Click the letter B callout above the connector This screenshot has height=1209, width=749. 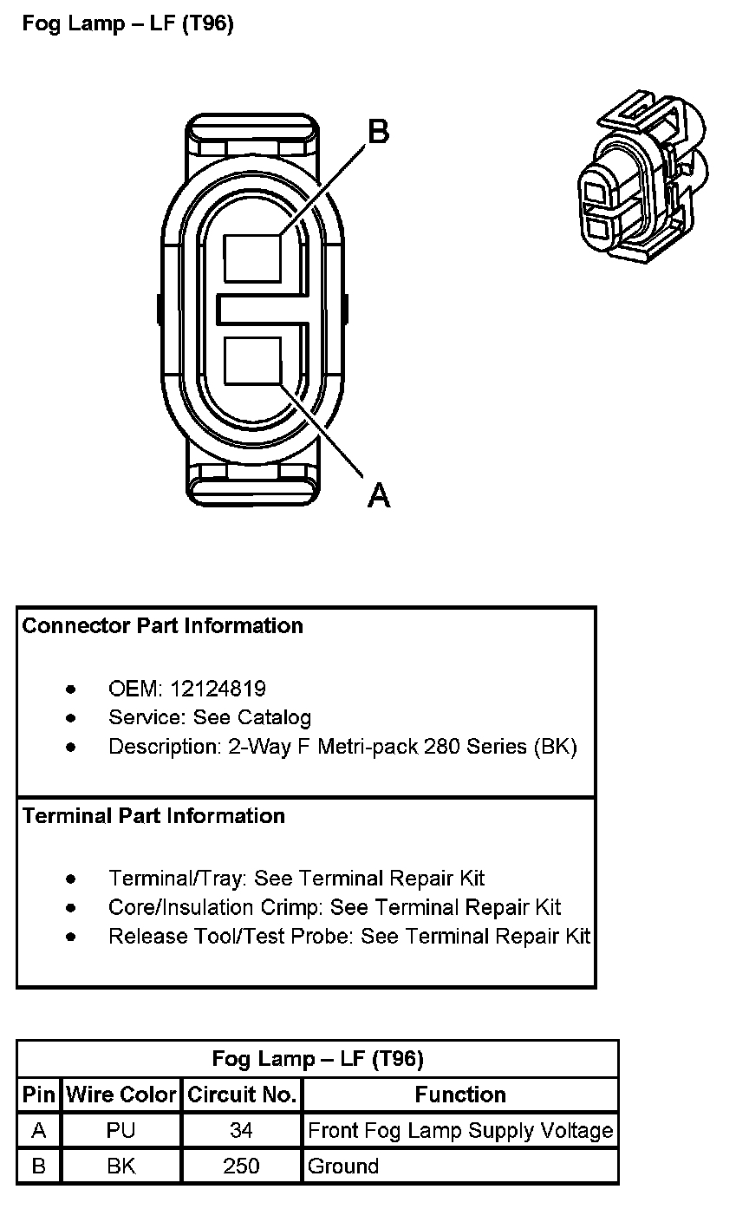click(379, 133)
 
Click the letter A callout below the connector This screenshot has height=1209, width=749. click(379, 495)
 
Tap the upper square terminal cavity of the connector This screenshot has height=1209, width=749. click(252, 258)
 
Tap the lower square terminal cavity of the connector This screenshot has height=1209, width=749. click(252, 361)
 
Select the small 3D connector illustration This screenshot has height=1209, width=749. click(642, 176)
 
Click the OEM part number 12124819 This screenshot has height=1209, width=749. click(218, 689)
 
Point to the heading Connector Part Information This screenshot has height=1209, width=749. click(163, 626)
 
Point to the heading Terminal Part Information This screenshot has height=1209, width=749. click(153, 816)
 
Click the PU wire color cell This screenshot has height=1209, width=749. click(120, 1131)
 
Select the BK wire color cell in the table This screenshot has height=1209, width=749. click(120, 1167)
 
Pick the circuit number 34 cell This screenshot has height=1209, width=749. click(241, 1131)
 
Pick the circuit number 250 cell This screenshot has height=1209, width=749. click(241, 1167)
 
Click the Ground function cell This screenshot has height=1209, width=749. click(343, 1167)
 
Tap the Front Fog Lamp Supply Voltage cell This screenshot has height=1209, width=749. click(460, 1131)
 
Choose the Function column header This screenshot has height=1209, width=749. click(460, 1095)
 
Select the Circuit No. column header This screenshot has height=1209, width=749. click(242, 1095)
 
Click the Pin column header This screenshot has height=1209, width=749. click(38, 1095)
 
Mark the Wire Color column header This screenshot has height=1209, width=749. click(120, 1095)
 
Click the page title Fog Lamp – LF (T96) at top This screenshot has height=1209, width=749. click(128, 24)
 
